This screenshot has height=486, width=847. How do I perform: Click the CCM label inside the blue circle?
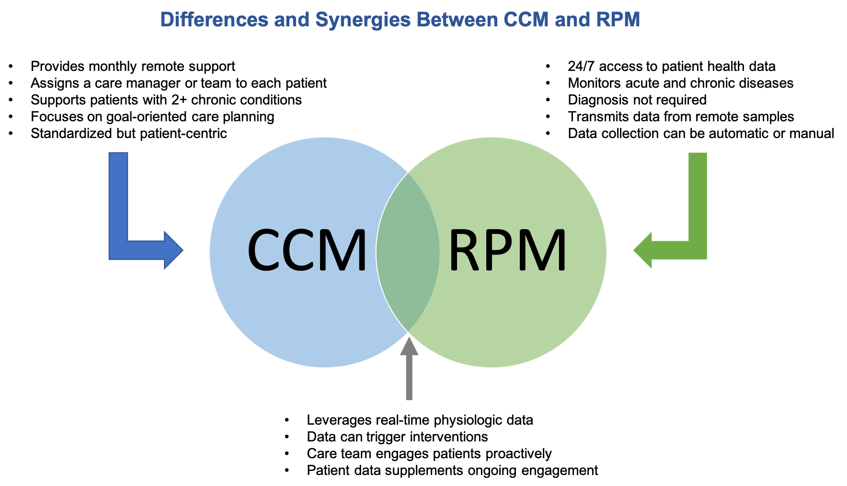[307, 250]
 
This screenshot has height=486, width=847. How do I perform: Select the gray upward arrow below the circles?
[409, 369]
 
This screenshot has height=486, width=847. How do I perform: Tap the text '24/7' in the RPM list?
[581, 66]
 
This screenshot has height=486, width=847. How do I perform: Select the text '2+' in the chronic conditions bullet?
[179, 100]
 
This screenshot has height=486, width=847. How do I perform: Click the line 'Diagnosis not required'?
[637, 100]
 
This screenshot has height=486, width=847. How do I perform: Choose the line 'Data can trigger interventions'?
[397, 437]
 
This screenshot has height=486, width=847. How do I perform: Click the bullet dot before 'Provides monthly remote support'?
[11, 67]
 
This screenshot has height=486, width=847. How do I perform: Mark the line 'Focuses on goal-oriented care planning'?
[152, 116]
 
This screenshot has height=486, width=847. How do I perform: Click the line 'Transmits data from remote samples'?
[680, 116]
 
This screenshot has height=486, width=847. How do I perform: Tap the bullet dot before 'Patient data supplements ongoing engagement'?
[287, 471]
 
